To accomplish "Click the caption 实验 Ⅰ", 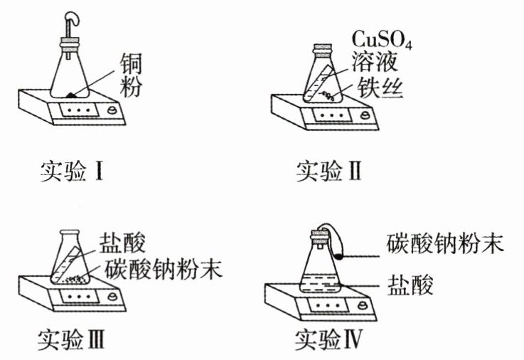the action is (72, 171).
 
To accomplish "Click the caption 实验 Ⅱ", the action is (329, 171).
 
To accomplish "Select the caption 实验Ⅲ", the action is (71, 339).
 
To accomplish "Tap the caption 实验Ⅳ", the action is (329, 339).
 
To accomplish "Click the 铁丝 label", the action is (380, 88).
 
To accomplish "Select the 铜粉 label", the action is (131, 75).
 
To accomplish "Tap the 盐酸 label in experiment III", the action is (122, 243).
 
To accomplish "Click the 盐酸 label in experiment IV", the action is (410, 285).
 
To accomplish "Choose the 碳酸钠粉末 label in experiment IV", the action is (445, 243).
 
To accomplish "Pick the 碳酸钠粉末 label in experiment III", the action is (164, 268).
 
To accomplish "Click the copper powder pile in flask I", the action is (72, 95).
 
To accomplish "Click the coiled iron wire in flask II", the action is (327, 96).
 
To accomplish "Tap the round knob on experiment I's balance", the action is (112, 111).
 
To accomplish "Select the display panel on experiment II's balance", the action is (333, 116).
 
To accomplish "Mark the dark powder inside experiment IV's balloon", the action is (339, 257).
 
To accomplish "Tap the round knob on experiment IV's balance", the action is (362, 305).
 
